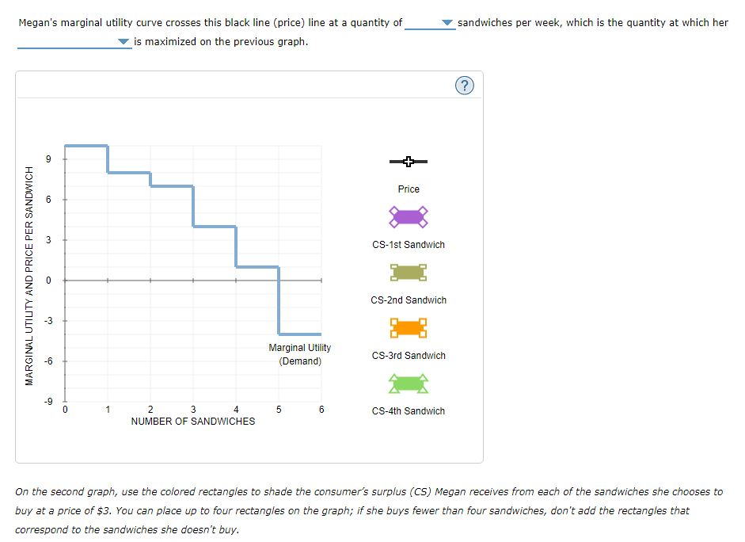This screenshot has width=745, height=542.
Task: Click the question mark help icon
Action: tap(466, 86)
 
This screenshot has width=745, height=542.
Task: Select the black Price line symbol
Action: tap(409, 162)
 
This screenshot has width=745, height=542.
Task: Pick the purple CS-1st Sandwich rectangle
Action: tap(409, 216)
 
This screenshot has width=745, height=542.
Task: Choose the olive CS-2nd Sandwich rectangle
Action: tap(409, 273)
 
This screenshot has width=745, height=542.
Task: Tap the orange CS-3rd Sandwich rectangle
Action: tap(409, 328)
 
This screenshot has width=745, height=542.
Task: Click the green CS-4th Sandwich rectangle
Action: tap(409, 384)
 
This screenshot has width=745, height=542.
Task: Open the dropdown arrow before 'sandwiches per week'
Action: tap(448, 23)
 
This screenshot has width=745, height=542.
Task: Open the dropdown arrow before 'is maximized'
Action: tap(124, 42)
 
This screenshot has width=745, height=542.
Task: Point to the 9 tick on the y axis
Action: tap(48, 158)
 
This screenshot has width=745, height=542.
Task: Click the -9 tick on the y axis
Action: tap(47, 401)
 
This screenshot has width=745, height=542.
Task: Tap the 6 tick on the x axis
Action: tap(321, 410)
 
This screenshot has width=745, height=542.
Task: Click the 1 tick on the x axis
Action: tap(108, 410)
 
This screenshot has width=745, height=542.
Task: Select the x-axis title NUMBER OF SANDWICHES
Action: tap(193, 422)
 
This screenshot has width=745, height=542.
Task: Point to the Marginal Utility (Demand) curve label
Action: tap(300, 354)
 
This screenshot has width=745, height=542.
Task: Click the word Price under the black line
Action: tap(409, 189)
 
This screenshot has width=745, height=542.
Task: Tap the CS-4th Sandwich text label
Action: tap(409, 411)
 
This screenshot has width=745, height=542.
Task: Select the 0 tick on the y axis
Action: tap(48, 280)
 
